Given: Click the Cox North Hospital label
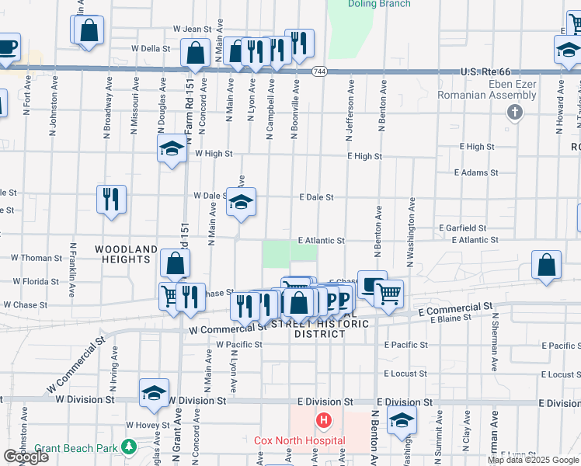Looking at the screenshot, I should [x=300, y=440].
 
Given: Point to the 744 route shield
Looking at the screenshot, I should [x=319, y=71].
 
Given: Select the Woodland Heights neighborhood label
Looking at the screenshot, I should [x=126, y=249].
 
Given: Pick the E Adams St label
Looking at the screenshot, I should [x=476, y=172].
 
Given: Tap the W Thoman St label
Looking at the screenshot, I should [x=37, y=257].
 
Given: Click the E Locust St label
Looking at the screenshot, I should [x=405, y=374].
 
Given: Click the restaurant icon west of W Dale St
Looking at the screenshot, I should [x=111, y=200].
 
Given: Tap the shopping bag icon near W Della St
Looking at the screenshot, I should [x=196, y=53].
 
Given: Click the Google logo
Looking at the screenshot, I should [x=25, y=457].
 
